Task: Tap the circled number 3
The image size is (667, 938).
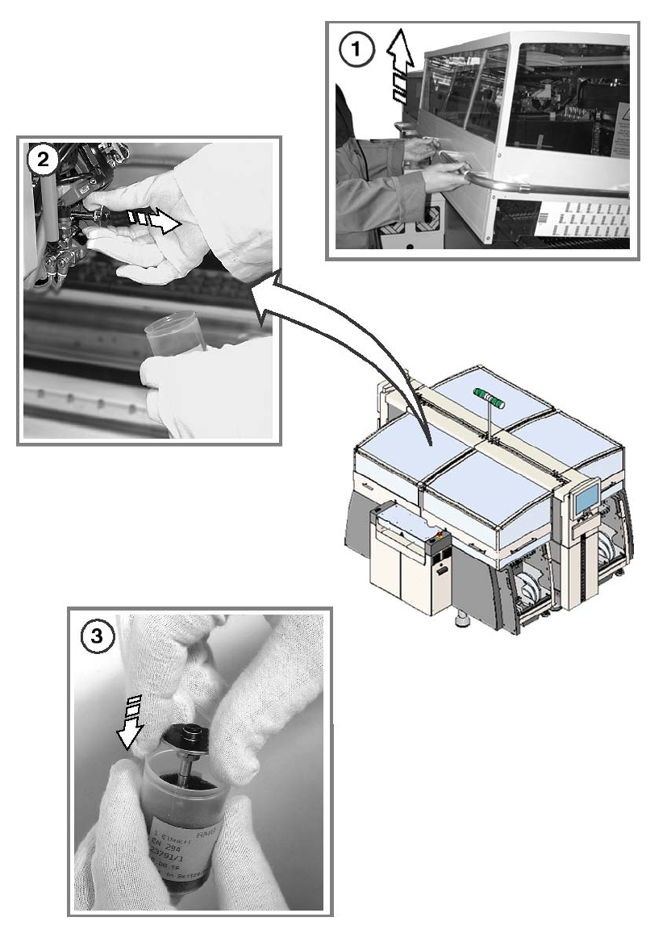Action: point(98,636)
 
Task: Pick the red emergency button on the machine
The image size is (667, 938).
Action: point(437,533)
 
